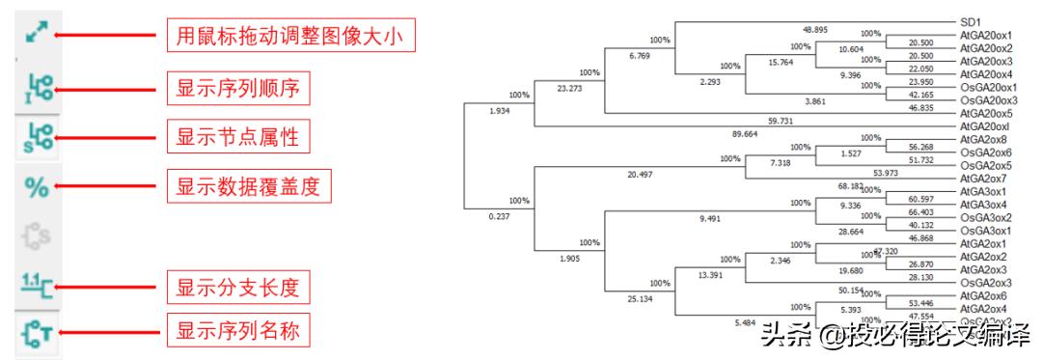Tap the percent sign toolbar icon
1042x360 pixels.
click(x=37, y=186)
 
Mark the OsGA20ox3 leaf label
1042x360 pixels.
click(x=987, y=100)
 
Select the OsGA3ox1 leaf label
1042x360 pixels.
click(x=984, y=232)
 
